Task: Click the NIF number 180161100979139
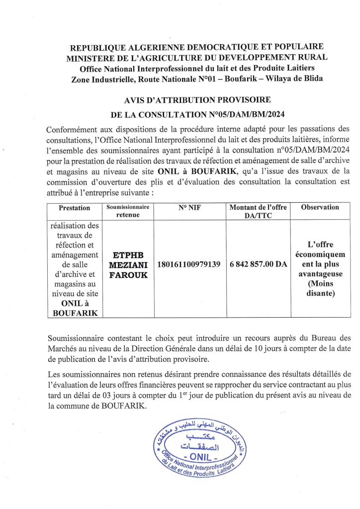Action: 189,264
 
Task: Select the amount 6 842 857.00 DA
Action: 259,264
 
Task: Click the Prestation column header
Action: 75,208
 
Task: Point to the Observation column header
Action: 320,207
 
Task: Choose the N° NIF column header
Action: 189,207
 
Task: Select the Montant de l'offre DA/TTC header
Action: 259,211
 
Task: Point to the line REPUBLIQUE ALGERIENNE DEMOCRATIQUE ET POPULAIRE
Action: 197,47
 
